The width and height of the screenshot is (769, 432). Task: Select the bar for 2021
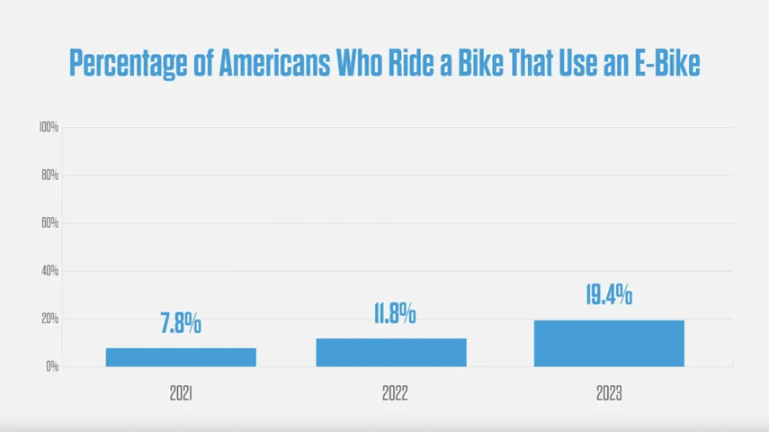click(x=181, y=357)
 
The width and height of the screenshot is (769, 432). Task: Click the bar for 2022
click(x=391, y=353)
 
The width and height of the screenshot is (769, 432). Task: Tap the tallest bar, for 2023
click(x=609, y=343)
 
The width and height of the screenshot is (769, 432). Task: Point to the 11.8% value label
click(x=394, y=314)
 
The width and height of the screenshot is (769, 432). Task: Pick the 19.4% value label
click(x=609, y=294)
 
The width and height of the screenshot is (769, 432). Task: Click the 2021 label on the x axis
click(x=181, y=393)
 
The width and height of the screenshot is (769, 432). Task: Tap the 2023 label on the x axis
click(x=609, y=393)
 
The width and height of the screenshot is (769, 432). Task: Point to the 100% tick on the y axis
click(x=49, y=128)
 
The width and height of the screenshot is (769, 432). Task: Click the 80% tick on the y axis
click(x=49, y=175)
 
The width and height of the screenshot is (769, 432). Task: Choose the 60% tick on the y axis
click(x=49, y=223)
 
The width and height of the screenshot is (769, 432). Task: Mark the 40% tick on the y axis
click(x=49, y=271)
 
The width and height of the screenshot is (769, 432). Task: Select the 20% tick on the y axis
click(x=49, y=319)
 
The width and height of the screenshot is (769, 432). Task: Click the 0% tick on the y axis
click(x=52, y=366)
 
